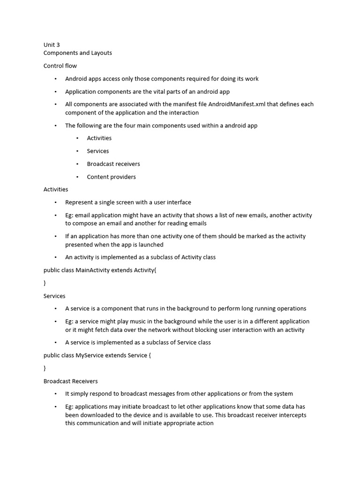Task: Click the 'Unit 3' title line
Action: coord(52,45)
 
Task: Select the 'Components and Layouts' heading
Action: coord(78,53)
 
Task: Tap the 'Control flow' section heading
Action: coord(60,66)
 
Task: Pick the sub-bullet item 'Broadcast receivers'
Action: coord(113,164)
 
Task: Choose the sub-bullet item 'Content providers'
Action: coord(111,177)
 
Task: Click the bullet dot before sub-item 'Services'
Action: coord(77,151)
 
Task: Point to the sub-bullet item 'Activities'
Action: coord(99,138)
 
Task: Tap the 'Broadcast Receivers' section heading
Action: coord(70,381)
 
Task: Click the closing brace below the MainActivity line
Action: coord(45,283)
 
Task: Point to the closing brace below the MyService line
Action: coord(45,368)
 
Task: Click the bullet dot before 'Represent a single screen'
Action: coord(55,202)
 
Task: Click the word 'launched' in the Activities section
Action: coord(151,245)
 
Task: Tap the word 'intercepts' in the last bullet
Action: coord(292,415)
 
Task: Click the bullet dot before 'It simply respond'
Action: coord(55,394)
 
